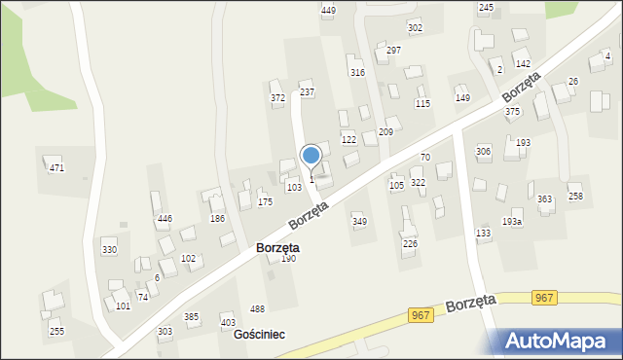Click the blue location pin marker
pyautogui.click(x=311, y=157)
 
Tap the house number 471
pyautogui.click(x=56, y=168)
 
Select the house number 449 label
pyautogui.click(x=328, y=10)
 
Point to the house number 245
pyautogui.click(x=486, y=7)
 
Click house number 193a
pyautogui.click(x=512, y=222)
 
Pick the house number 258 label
pyautogui.click(x=576, y=197)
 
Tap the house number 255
pyautogui.click(x=57, y=331)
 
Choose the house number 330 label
pyautogui.click(x=109, y=250)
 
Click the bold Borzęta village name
pyautogui.click(x=277, y=248)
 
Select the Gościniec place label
pyautogui.click(x=259, y=334)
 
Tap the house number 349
pyautogui.click(x=359, y=221)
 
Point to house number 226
pyautogui.click(x=410, y=243)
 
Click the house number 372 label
pyautogui.click(x=277, y=97)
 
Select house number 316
pyautogui.click(x=357, y=72)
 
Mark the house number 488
pyautogui.click(x=257, y=309)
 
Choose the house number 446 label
pyautogui.click(x=165, y=219)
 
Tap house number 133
pyautogui.click(x=483, y=233)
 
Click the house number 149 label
pyautogui.click(x=462, y=97)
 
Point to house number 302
pyautogui.click(x=415, y=27)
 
